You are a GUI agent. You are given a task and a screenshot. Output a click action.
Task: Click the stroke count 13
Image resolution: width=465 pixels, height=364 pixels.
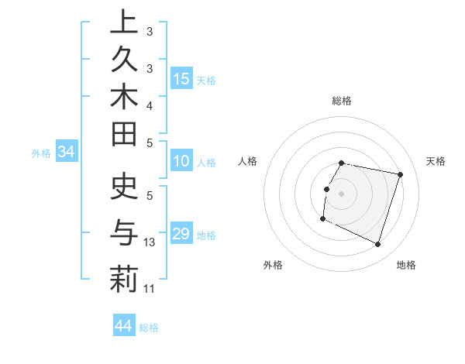(150, 242)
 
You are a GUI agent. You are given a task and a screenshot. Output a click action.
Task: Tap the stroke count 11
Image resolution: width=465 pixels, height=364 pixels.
(150, 289)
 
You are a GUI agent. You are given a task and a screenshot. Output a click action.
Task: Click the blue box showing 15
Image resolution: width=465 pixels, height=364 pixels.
(181, 79)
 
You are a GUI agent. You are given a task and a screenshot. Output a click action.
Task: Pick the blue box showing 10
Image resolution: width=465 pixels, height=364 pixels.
(181, 162)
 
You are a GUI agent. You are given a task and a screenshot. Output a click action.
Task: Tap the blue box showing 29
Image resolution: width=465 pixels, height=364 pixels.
(181, 234)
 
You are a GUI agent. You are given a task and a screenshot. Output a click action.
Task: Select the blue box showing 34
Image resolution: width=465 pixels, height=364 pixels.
(66, 153)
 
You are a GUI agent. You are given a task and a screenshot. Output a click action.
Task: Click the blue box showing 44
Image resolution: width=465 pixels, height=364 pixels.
(124, 326)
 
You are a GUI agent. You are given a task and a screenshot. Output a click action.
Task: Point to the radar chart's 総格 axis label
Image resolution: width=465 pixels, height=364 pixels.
(342, 101)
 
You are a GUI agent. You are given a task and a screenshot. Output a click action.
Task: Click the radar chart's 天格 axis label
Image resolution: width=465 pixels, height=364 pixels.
(436, 161)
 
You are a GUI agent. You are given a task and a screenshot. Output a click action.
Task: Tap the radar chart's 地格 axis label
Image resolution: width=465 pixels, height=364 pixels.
(406, 266)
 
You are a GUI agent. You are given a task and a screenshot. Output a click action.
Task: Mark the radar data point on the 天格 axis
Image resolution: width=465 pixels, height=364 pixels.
(401, 174)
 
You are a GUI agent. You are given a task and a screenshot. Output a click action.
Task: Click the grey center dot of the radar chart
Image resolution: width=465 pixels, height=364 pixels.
(342, 194)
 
